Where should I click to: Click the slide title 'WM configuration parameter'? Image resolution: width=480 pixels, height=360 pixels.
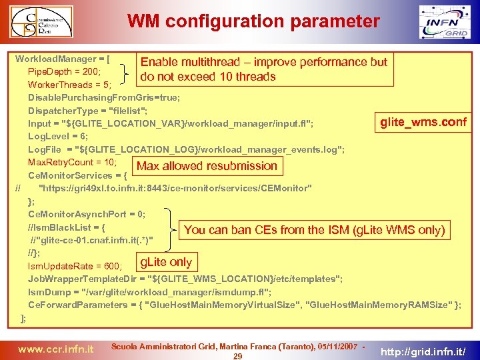[253, 21]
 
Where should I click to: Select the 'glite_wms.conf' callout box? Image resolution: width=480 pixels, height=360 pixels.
[423, 123]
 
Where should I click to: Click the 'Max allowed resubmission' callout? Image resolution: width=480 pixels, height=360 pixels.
[207, 166]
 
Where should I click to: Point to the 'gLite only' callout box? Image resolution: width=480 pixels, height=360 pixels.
[165, 262]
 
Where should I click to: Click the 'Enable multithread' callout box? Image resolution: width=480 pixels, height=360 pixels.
[263, 69]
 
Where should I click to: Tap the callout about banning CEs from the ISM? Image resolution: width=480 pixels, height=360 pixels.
[314, 230]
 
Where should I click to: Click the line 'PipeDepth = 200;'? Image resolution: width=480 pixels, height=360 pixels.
[64, 71]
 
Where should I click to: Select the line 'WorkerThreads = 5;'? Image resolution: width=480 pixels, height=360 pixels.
[69, 85]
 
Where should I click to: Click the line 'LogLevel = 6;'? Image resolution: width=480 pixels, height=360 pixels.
[59, 136]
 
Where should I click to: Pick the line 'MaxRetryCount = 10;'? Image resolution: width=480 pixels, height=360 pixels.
[72, 162]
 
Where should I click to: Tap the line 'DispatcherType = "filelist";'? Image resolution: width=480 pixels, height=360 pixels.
[97, 111]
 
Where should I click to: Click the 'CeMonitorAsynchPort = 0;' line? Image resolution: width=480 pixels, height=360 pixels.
[86, 214]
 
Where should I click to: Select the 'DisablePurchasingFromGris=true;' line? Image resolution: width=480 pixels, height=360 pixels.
[103, 97]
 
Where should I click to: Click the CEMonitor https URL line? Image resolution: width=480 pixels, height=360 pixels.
[175, 188]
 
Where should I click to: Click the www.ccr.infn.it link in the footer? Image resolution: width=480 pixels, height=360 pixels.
[55, 349]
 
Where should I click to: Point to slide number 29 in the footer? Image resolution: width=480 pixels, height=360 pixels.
[237, 356]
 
